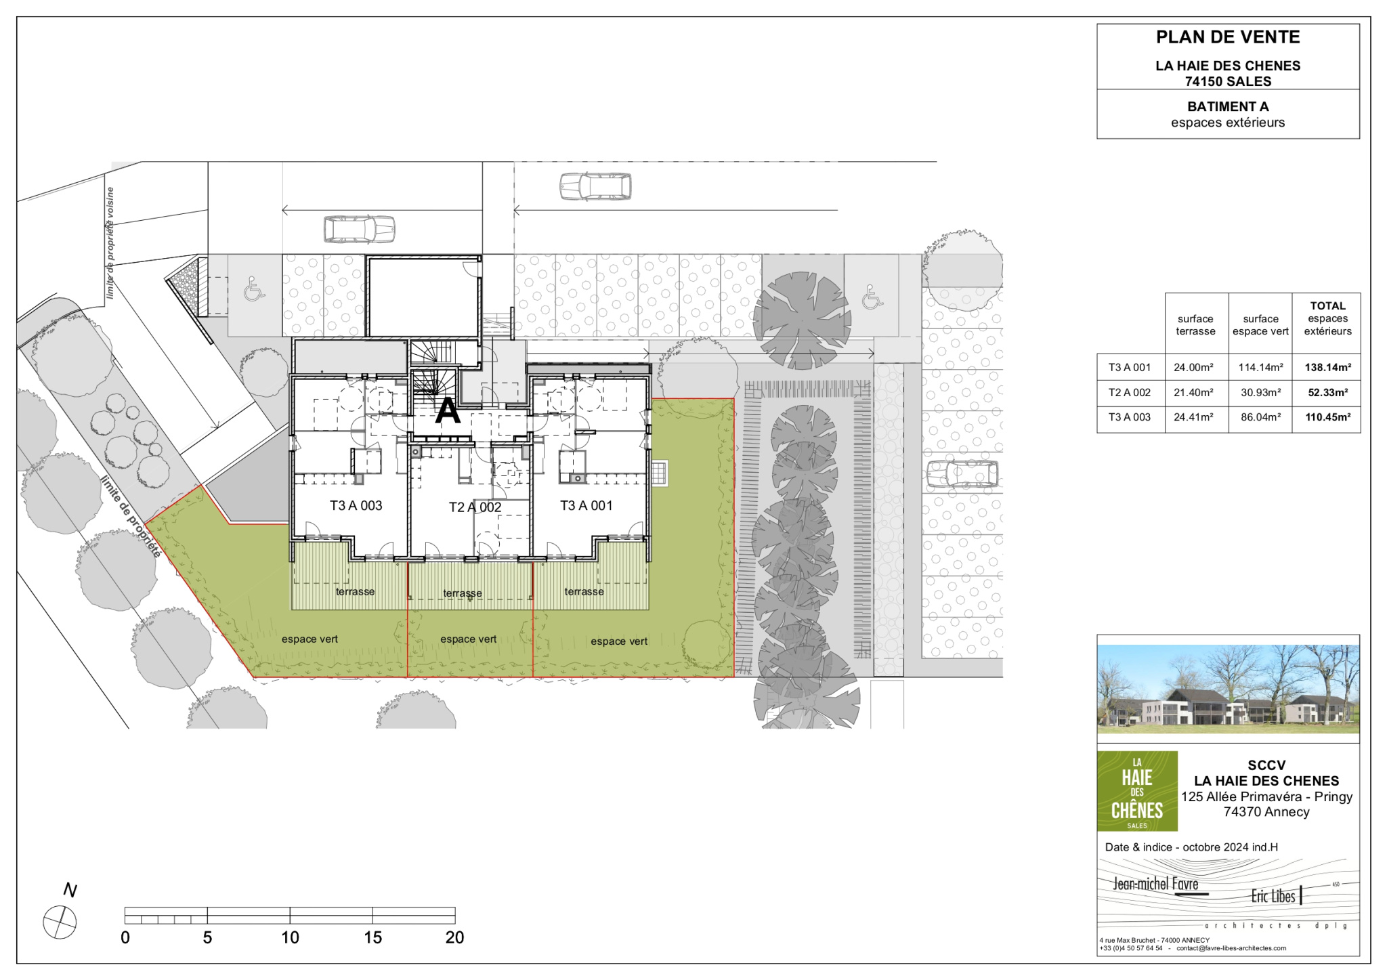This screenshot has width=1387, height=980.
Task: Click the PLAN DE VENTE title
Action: coord(1228,37)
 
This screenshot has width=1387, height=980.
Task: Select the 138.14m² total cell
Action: coord(1327,368)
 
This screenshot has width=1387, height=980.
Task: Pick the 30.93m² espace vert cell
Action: coord(1260,392)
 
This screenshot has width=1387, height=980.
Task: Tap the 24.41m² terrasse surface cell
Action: coord(1193,417)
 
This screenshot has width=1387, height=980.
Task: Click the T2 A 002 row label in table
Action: coord(1130,392)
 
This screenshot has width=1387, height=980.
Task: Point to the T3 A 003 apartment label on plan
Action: coord(356,505)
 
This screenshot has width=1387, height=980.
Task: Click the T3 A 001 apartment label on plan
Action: coord(586,505)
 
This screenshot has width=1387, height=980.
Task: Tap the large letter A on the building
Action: coord(448,410)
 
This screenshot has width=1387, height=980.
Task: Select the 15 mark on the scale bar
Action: coord(372,937)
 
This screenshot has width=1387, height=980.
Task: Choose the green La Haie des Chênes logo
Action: coord(1137,791)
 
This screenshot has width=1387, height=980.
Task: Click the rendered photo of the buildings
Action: coord(1228,689)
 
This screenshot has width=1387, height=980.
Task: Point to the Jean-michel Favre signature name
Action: coord(1156,884)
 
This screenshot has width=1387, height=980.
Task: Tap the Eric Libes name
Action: coord(1273,896)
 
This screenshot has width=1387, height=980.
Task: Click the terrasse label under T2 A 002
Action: coord(463,593)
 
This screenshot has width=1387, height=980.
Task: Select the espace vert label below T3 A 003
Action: coord(310,639)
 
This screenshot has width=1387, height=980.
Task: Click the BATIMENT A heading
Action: coord(1228,106)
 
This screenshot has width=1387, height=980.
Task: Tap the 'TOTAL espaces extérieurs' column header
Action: coord(1327,318)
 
